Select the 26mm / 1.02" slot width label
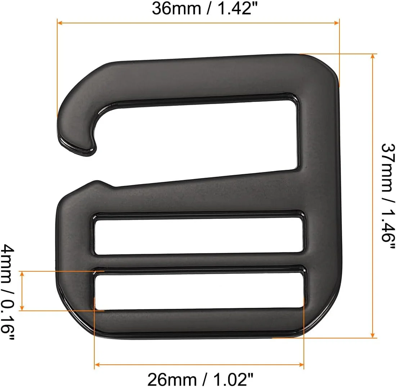[200, 379]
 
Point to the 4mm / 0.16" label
[8, 291]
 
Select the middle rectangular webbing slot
[199, 236]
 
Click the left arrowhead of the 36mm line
[60, 23]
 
